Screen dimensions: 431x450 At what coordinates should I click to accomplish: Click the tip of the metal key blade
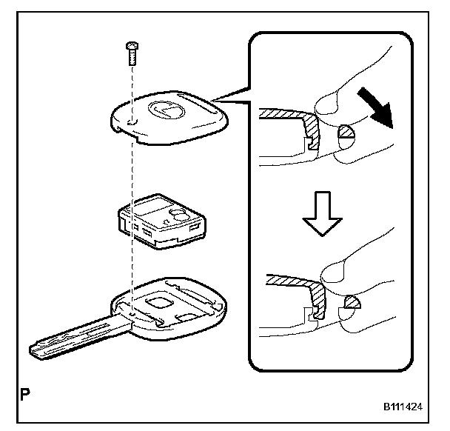[x=33, y=347]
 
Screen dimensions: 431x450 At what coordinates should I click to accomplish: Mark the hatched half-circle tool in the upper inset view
[x=346, y=136]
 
